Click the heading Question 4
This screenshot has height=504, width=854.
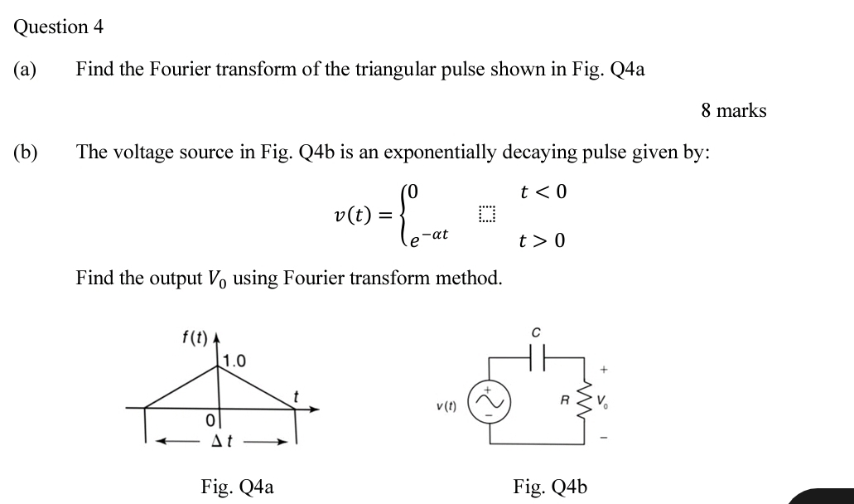click(x=58, y=27)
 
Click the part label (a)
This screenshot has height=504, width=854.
click(x=25, y=69)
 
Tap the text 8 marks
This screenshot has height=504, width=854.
click(x=733, y=110)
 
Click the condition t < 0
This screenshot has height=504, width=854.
click(x=543, y=192)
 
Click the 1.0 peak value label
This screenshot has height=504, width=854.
click(x=234, y=361)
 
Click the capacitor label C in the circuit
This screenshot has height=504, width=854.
click(x=536, y=332)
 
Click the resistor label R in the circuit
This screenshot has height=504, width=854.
click(x=566, y=400)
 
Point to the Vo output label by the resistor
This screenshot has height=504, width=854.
click(x=609, y=405)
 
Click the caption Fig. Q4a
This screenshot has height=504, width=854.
click(x=237, y=486)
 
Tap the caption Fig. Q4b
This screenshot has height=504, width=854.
click(x=550, y=486)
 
